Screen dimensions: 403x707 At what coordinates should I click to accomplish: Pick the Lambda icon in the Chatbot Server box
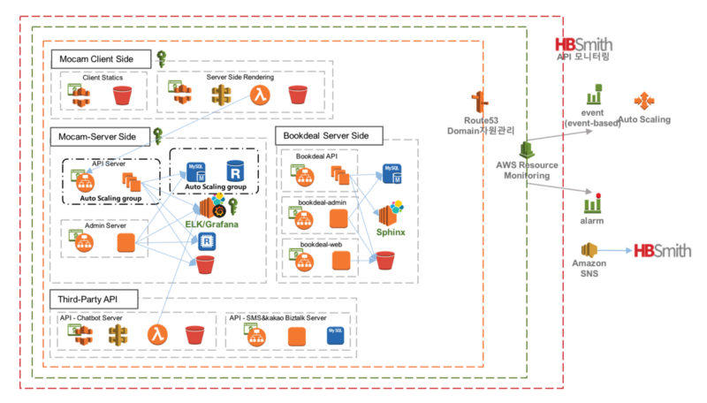point(159,336)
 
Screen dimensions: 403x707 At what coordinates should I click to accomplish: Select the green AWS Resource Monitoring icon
point(523,148)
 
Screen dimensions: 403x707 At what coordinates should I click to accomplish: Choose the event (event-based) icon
point(596,95)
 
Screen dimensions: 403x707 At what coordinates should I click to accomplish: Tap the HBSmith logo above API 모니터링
point(584,45)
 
